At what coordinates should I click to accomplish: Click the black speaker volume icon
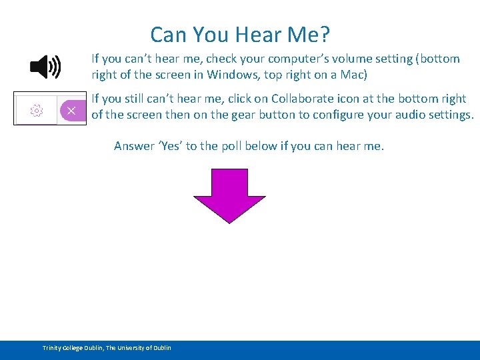tap(45, 67)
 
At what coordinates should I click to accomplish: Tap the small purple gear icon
tap(37, 110)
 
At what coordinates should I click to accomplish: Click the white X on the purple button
tap(71, 110)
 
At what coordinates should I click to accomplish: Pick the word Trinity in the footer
tap(52, 348)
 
